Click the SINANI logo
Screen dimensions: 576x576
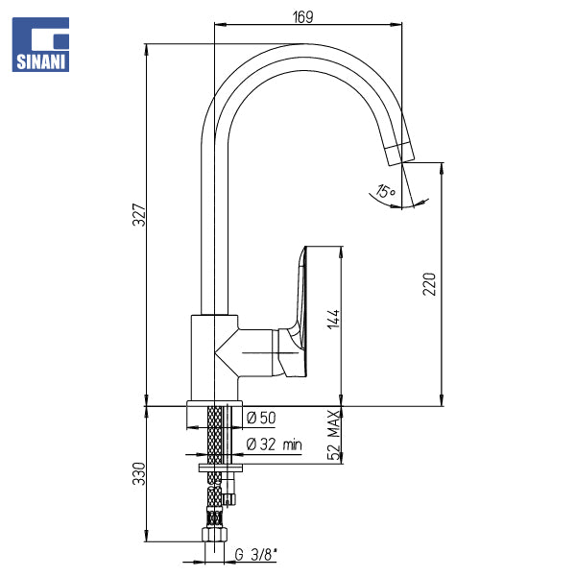40,44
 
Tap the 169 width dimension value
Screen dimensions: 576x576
303,17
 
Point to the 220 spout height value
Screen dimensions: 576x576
429,283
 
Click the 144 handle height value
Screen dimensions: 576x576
333,319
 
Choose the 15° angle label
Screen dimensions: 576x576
385,191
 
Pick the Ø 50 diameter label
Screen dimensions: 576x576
261,418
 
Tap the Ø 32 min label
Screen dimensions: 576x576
274,444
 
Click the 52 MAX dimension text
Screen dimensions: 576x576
334,435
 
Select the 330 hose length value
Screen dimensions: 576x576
139,473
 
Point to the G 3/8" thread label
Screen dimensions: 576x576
255,555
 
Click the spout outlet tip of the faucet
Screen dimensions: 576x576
402,163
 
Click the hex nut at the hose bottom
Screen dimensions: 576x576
214,534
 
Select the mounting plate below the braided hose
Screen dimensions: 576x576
221,468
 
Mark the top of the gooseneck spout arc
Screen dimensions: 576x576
303,44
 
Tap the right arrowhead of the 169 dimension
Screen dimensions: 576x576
396,25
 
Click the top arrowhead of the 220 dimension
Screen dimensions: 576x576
442,169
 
